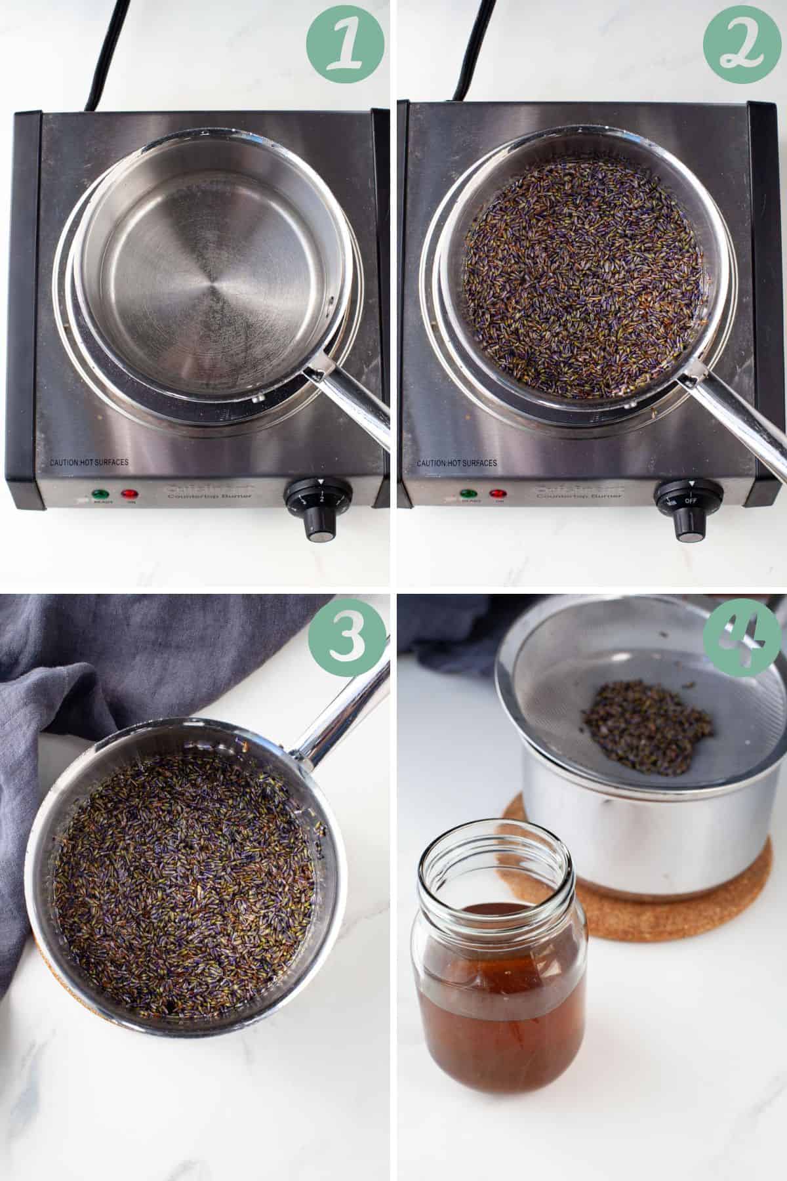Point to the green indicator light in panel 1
click(x=100, y=493)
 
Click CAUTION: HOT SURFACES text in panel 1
click(x=89, y=463)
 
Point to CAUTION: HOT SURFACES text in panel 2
click(x=457, y=463)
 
